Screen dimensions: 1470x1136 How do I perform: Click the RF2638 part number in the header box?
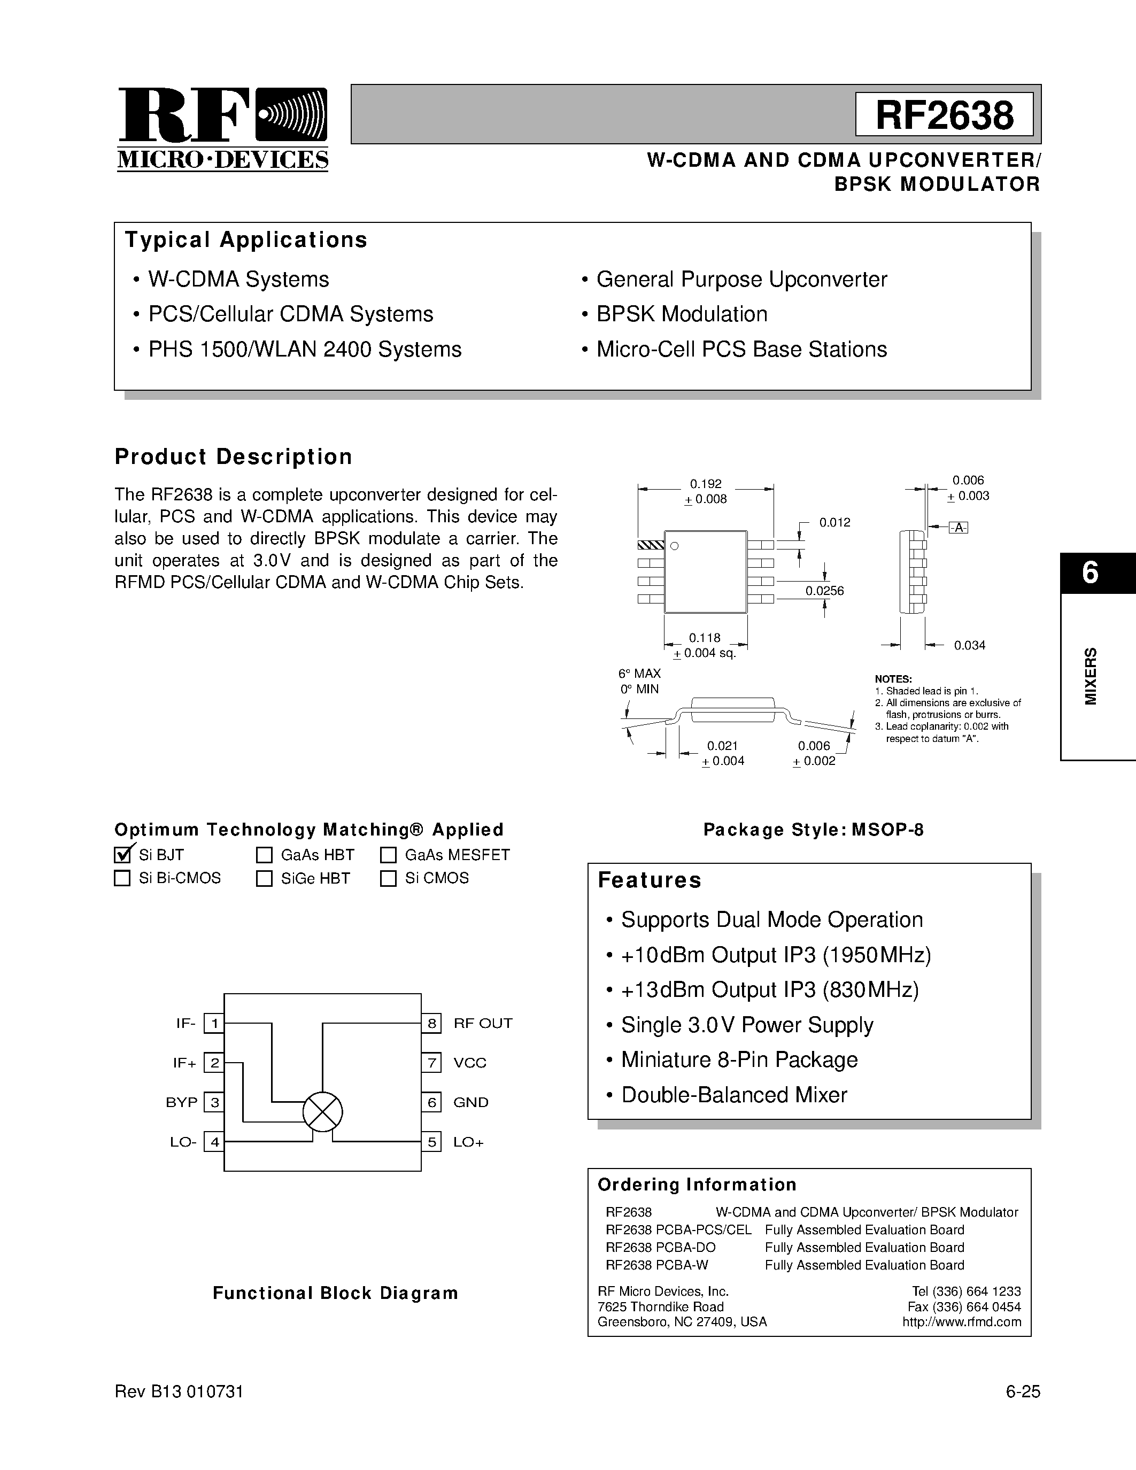coord(944,115)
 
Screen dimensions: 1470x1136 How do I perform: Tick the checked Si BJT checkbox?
coord(122,855)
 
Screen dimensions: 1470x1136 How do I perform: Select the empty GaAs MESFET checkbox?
coord(388,855)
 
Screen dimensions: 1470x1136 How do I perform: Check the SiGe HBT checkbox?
coord(264,878)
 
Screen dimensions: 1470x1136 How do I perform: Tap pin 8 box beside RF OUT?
coord(431,1024)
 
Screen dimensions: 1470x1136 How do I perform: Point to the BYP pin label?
coord(182,1102)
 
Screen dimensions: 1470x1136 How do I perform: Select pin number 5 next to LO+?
coord(431,1142)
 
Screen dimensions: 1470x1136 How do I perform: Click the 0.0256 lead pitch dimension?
coord(824,591)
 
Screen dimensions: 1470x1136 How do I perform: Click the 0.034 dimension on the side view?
coord(969,646)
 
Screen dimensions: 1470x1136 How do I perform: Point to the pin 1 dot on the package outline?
coord(674,546)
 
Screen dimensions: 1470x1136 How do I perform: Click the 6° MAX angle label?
coord(639,674)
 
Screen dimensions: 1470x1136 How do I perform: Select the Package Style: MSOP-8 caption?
coord(813,830)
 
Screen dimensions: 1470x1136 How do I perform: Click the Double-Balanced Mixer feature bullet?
coord(733,1095)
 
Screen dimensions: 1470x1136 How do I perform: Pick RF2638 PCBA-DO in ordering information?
coord(660,1247)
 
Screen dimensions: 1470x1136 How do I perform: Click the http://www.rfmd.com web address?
coord(961,1322)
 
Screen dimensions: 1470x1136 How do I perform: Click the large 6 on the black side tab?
coord(1090,573)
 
